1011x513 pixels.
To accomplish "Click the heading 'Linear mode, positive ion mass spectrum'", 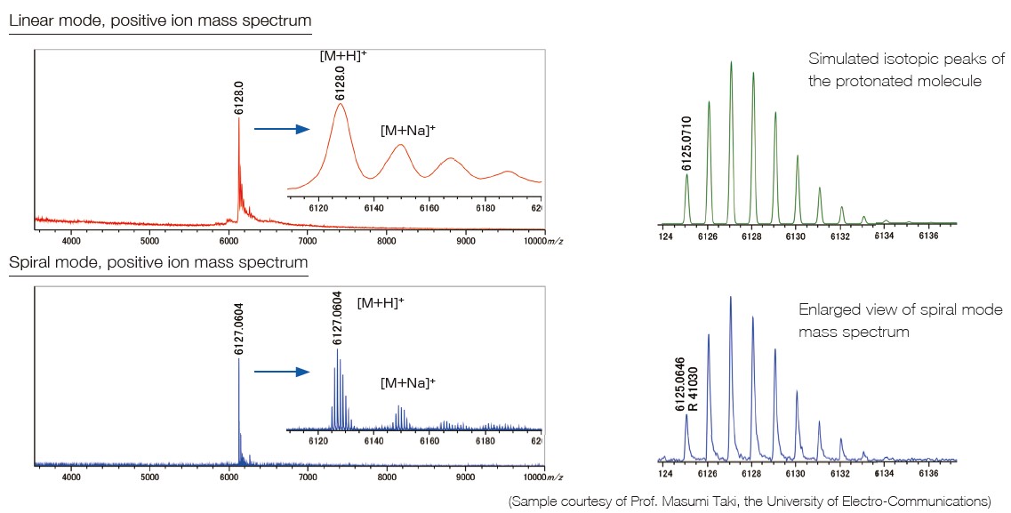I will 160,20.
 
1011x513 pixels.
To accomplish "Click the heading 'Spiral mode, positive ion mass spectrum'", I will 158,262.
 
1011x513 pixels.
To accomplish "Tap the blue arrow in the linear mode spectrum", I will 281,129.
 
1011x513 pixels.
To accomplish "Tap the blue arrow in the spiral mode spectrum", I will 281,372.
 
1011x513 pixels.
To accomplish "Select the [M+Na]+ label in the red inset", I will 407,130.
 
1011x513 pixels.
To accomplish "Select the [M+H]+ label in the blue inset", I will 381,302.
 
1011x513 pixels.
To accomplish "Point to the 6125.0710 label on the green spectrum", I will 686,142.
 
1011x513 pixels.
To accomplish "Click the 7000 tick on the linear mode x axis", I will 308,240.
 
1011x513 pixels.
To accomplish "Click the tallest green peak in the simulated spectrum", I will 731,63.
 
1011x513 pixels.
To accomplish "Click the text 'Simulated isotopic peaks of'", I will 906,60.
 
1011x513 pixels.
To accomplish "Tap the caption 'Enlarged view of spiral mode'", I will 900,309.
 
